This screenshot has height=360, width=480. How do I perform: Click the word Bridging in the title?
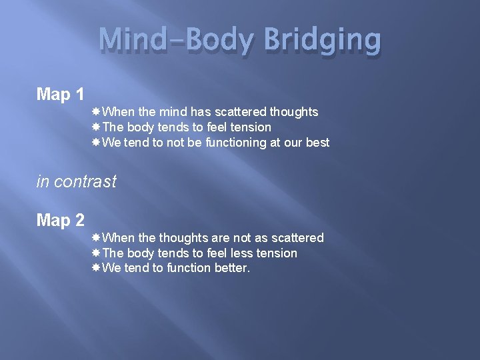coord(323,41)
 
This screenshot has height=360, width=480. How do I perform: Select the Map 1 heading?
coord(60,95)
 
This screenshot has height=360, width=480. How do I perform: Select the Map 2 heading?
coord(60,220)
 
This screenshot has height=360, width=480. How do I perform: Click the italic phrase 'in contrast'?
coord(77,181)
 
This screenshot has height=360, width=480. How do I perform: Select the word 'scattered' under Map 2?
coord(296,238)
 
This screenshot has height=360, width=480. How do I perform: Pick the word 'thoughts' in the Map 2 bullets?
coord(180,238)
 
